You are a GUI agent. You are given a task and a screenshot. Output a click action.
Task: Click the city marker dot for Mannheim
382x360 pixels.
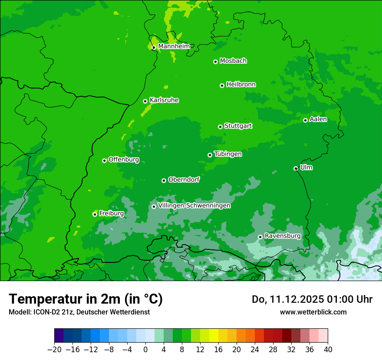pos(154,48)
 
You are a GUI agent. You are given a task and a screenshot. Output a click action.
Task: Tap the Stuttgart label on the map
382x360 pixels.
pos(238,126)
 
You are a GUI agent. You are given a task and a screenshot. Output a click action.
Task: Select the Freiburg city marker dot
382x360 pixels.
pos(95,214)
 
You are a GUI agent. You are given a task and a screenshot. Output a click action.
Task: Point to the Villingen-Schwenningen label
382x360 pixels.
pos(194,206)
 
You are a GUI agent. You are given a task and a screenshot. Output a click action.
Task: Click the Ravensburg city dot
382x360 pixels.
pos(260,237)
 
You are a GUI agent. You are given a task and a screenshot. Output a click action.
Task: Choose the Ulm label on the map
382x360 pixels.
pos(306,167)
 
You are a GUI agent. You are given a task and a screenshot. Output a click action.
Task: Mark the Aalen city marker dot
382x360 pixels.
pos(306,120)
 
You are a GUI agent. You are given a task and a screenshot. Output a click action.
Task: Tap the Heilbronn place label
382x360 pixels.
pos(241,85)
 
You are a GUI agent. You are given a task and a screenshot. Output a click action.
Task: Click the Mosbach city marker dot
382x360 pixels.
pos(215,62)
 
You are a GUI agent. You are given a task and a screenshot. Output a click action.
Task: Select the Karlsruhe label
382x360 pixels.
pos(164,100)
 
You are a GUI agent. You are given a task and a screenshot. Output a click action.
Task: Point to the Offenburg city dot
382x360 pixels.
pos(104,160)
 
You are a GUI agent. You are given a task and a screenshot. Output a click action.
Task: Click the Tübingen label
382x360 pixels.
pos(228,154)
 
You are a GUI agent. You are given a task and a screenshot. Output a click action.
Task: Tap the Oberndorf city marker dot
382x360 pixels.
pos(164,180)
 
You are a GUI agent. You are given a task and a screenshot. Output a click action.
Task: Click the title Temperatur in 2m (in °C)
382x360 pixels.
pos(86,299)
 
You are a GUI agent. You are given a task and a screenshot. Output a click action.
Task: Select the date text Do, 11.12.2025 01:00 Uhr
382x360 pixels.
pos(312,299)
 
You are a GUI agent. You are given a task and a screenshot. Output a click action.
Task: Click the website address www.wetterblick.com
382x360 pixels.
pos(313,312)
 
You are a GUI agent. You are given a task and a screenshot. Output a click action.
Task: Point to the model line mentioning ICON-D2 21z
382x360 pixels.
pos(79,312)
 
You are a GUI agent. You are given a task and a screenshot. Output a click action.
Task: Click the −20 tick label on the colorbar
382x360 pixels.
pos(54,350)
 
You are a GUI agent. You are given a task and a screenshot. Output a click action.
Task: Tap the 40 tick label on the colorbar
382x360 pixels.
pos(328,350)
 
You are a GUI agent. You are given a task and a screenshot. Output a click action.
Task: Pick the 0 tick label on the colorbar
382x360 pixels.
pos(145,350)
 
